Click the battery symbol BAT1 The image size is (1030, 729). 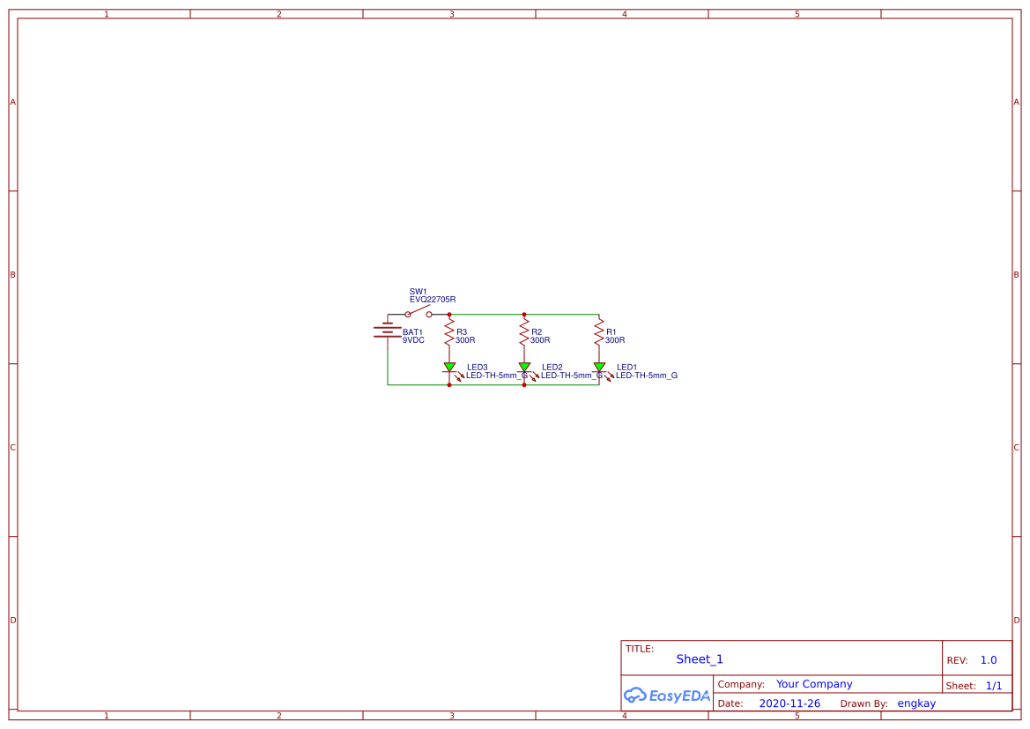pyautogui.click(x=388, y=331)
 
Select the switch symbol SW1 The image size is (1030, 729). pyautogui.click(x=419, y=311)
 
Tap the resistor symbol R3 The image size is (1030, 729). pyautogui.click(x=449, y=332)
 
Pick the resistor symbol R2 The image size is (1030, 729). pyautogui.click(x=524, y=332)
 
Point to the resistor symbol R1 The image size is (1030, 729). pyautogui.click(x=599, y=332)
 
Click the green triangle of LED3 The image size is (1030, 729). pyautogui.click(x=449, y=366)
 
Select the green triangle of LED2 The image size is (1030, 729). pyautogui.click(x=524, y=366)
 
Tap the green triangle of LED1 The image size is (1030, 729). pyautogui.click(x=599, y=366)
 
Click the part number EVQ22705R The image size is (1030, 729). pyautogui.click(x=433, y=300)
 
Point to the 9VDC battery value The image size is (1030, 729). pyautogui.click(x=413, y=340)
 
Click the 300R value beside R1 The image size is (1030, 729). pyautogui.click(x=615, y=340)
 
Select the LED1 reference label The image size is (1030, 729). pyautogui.click(x=626, y=368)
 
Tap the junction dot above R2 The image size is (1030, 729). pyautogui.click(x=524, y=315)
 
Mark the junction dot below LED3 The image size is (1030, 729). pyautogui.click(x=449, y=385)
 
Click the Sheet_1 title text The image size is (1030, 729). pyautogui.click(x=700, y=659)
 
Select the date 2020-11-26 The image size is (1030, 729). pyautogui.click(x=789, y=703)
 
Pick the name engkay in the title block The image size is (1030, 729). pyautogui.click(x=916, y=704)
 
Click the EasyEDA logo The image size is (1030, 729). pyautogui.click(x=667, y=696)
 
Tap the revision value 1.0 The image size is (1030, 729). pyautogui.click(x=989, y=660)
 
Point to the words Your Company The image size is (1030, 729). pyautogui.click(x=814, y=684)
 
